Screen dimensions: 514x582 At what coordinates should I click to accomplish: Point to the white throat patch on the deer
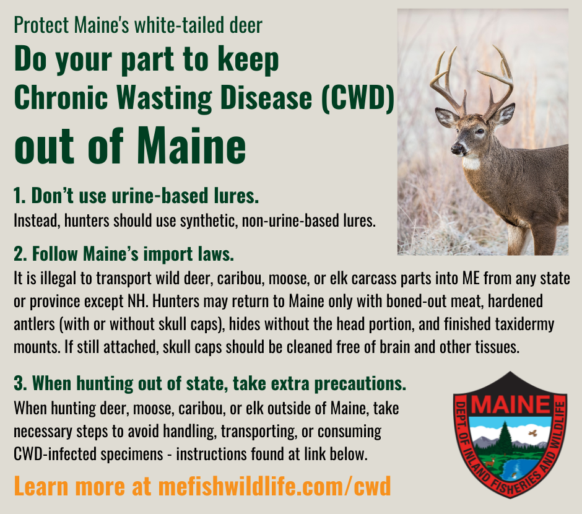pyautogui.click(x=472, y=163)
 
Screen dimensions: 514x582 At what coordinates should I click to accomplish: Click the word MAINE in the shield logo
pyautogui.click(x=511, y=406)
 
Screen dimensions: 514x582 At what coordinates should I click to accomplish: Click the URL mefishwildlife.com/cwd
pyautogui.click(x=275, y=486)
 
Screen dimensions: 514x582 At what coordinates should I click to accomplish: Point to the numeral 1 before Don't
pyautogui.click(x=17, y=196)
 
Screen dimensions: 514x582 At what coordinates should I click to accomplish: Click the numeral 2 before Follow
pyautogui.click(x=18, y=255)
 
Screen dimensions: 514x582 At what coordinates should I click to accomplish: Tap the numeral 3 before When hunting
pyautogui.click(x=18, y=384)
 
